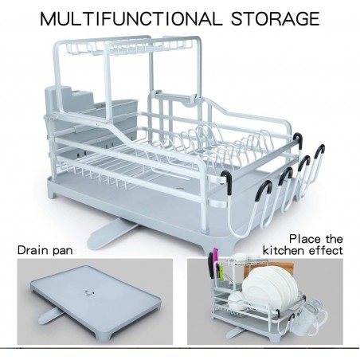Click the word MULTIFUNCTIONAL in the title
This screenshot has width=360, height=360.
coord(131,19)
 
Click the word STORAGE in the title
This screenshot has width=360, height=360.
coord(276,19)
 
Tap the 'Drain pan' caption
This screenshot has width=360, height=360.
coord(45,250)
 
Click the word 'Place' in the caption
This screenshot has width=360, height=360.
coord(305,239)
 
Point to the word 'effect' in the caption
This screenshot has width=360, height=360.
coord(326,250)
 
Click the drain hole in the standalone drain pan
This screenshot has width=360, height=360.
coord(89,293)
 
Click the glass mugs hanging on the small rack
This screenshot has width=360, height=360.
coord(309,317)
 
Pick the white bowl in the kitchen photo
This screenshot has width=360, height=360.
coord(236,301)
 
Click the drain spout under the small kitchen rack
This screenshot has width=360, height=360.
coord(233,332)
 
